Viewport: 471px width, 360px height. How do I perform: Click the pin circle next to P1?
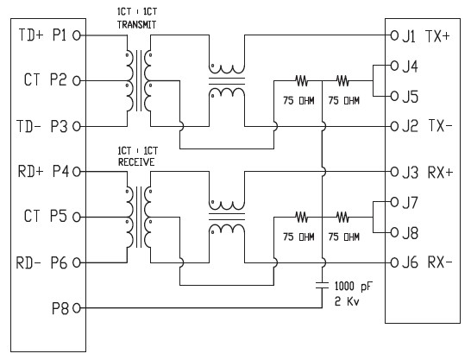coord(77,35)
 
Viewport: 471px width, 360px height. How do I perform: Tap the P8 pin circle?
coord(77,308)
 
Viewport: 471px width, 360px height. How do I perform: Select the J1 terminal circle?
coord(394,35)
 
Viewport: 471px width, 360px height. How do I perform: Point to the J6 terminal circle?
coord(394,263)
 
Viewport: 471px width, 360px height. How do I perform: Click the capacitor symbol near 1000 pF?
coord(323,286)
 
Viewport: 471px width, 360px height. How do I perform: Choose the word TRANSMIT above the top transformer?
coord(136,25)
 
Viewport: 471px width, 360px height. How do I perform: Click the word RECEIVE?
coord(136,162)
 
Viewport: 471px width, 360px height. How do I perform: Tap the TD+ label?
coord(31,35)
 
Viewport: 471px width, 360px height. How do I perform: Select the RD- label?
coord(28,262)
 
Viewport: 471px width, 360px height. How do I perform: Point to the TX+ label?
coord(438,36)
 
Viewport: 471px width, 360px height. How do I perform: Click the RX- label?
coord(440,262)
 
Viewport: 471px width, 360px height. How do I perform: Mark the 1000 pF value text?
coord(353,286)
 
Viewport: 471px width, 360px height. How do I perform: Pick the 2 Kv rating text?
coord(347,301)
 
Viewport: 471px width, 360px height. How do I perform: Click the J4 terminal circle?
coord(394,66)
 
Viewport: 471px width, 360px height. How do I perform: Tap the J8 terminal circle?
coord(394,232)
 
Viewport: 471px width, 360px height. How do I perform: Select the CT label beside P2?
coord(32,80)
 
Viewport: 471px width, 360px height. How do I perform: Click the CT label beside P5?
coord(32,217)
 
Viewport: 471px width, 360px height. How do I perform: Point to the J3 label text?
coord(410,173)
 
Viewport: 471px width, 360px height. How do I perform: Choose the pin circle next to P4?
coord(77,172)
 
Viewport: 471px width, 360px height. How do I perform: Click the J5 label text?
coord(410,97)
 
